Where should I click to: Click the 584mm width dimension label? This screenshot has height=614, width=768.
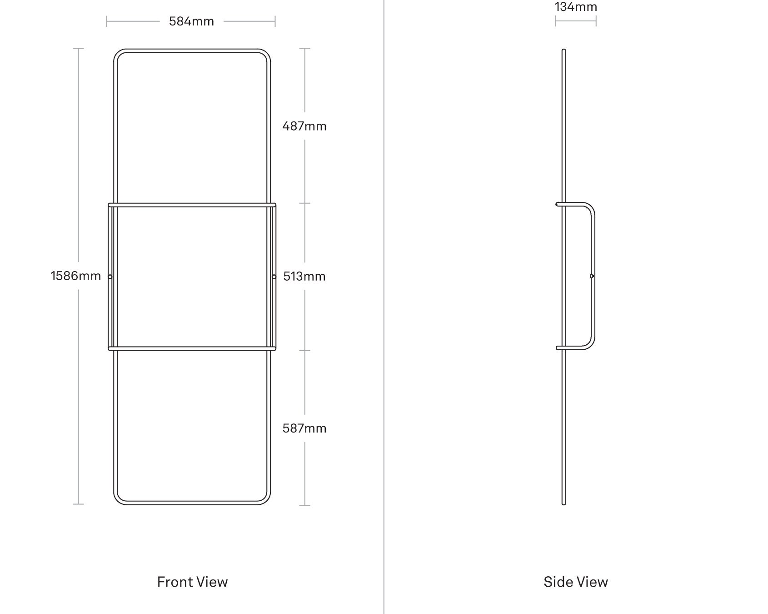(191, 21)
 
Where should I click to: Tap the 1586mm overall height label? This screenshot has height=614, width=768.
(75, 276)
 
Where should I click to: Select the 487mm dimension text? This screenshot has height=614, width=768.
(304, 126)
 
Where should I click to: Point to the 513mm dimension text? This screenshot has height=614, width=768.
(304, 276)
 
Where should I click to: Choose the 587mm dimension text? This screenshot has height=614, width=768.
(304, 428)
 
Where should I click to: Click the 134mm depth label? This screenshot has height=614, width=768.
(576, 7)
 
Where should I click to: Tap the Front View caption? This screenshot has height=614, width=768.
(192, 582)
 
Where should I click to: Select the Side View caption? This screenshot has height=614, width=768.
(576, 582)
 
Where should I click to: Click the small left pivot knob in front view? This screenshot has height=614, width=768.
(110, 277)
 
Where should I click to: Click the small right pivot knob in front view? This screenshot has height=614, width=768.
(274, 277)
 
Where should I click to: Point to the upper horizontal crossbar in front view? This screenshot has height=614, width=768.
(192, 205)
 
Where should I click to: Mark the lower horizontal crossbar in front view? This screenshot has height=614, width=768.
(192, 349)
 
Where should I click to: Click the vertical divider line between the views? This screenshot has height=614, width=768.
(384, 307)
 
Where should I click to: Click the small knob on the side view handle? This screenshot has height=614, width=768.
(592, 276)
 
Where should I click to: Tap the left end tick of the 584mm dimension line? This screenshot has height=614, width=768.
(107, 21)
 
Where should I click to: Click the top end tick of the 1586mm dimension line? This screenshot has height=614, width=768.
(78, 48)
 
